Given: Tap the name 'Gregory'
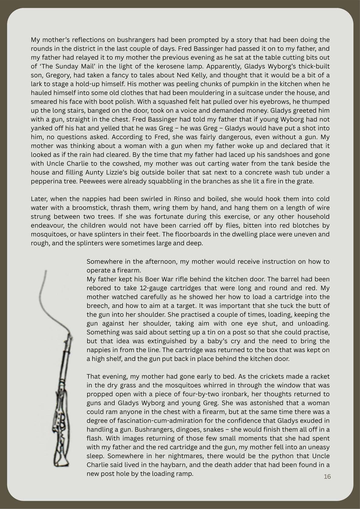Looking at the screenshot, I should click(x=56, y=75).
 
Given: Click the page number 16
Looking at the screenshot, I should click(x=327, y=477).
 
